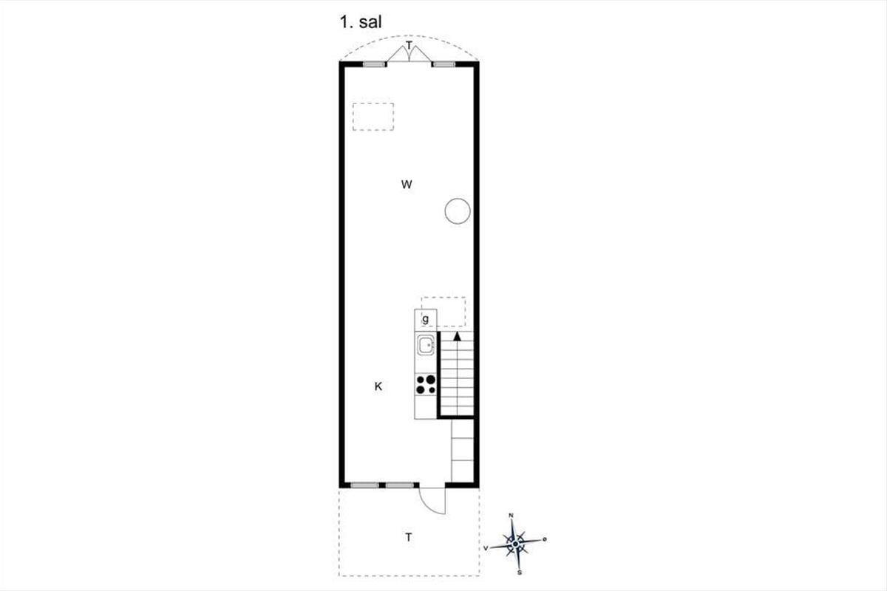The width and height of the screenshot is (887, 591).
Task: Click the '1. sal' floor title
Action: (361, 22)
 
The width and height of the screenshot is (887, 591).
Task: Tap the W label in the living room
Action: (407, 185)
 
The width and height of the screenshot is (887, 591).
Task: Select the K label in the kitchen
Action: (378, 386)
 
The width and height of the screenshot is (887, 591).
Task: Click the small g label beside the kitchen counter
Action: (425, 319)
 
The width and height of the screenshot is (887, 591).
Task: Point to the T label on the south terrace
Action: (408, 537)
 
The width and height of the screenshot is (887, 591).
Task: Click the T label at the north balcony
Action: (409, 45)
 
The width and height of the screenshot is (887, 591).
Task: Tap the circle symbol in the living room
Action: (458, 211)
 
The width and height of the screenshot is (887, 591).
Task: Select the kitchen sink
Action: (426, 345)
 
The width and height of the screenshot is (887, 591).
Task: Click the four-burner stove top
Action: (426, 385)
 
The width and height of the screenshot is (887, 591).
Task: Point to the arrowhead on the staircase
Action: (458, 336)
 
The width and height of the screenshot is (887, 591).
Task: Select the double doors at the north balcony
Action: (409, 53)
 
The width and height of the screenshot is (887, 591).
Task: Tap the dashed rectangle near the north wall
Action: (373, 117)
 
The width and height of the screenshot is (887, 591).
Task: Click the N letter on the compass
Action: (511, 516)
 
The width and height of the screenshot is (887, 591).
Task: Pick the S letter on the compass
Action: (520, 573)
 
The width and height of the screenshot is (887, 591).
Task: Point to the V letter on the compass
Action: (486, 548)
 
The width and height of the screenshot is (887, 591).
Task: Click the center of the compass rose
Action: (515, 544)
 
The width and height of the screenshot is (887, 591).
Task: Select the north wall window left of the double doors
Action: (375, 64)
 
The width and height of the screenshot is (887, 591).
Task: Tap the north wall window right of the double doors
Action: (443, 64)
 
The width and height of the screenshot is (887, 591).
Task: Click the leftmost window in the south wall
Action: (364, 485)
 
